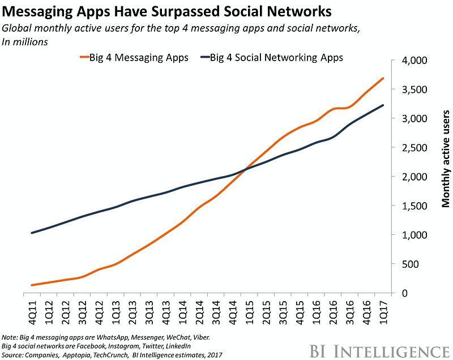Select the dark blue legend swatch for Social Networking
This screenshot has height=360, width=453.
[203, 57]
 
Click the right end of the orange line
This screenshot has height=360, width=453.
[383, 78]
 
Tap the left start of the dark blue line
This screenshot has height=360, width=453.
[32, 233]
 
